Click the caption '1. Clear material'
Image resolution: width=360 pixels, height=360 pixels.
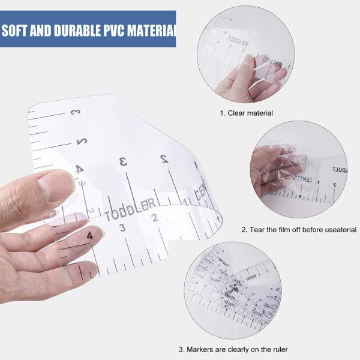pyautogui.click(x=246, y=113)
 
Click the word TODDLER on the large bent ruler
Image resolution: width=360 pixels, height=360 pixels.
pyautogui.click(x=130, y=208)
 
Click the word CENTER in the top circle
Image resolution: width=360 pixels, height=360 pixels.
pyautogui.click(x=272, y=62)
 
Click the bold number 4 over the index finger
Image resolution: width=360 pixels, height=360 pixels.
pyautogui.click(x=89, y=236)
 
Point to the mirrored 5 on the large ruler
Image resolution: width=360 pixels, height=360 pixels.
pyautogui.click(x=81, y=142)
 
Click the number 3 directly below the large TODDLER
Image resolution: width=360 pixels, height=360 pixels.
pyautogui.click(x=122, y=227)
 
